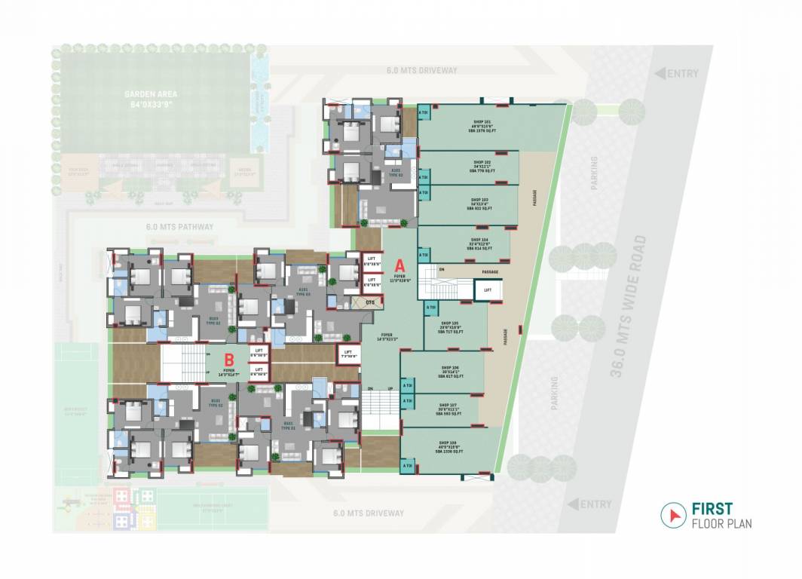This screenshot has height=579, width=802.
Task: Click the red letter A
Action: (399, 265)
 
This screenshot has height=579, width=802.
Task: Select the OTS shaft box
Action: (369, 302)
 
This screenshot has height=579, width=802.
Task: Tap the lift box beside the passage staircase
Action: (488, 289)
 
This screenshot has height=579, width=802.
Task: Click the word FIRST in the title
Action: (712, 509)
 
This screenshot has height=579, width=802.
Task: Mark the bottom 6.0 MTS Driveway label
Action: (369, 513)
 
